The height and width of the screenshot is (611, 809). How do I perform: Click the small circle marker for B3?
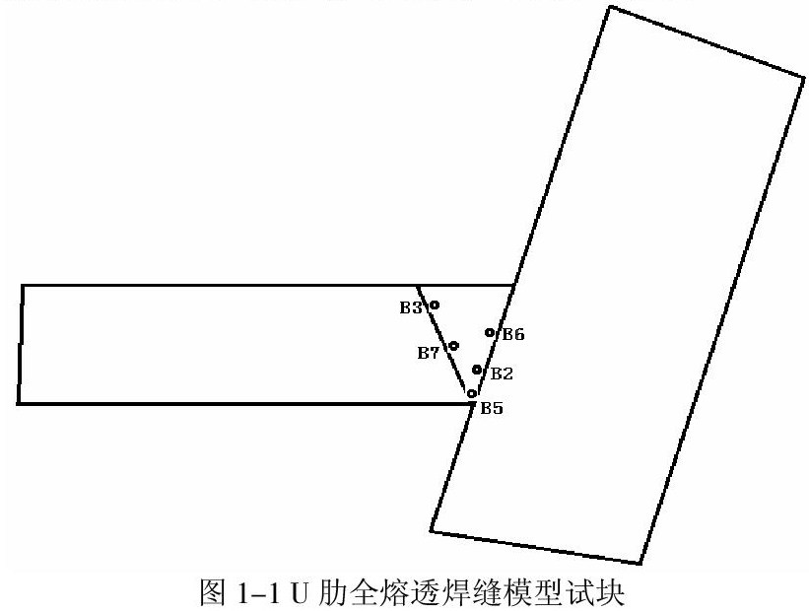[434, 305]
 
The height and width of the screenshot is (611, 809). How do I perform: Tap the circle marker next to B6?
[490, 333]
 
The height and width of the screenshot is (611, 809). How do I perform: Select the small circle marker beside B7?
[453, 346]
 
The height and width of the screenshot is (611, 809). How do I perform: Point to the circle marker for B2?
[477, 370]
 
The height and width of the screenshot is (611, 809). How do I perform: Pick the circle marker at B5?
[471, 393]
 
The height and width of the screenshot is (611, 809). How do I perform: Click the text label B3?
[410, 308]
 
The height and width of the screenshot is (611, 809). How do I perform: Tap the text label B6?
[512, 335]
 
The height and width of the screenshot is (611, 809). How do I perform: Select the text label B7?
[428, 353]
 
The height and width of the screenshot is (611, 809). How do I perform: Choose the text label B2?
[502, 373]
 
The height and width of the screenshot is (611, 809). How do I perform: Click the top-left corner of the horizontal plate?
[23, 286]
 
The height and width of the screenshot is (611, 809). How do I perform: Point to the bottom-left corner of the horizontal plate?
[19, 403]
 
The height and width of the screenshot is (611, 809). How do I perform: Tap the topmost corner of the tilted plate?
[610, 7]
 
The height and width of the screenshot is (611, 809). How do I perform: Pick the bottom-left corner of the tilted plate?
[432, 533]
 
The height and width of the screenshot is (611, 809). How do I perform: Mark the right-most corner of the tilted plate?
[802, 77]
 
